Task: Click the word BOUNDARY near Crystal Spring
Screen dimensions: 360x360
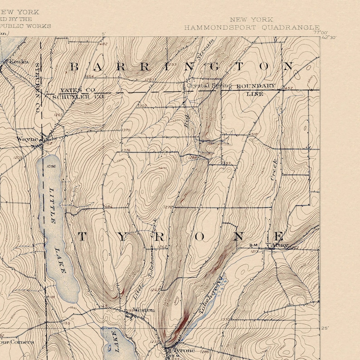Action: click(x=255, y=86)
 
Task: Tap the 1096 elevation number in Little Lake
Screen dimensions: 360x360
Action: click(x=50, y=166)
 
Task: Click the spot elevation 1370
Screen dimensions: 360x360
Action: click(x=126, y=131)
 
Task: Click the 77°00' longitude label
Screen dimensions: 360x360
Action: click(x=320, y=32)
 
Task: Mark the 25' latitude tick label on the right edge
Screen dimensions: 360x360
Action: click(x=325, y=328)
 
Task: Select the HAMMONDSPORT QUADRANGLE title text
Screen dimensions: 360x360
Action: click(x=251, y=27)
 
